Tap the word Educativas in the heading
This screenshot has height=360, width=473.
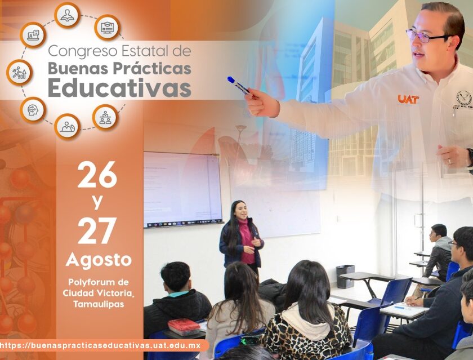pos(119,87)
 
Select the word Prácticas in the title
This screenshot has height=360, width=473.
pos(152,69)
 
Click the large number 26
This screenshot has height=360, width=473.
pos(97,175)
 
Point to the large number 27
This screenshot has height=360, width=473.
pos(97,230)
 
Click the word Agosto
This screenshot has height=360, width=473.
pos(99,260)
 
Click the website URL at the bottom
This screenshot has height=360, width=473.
pos(100,345)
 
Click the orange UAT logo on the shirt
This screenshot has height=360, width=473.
pos(408,99)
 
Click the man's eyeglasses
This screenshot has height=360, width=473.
pos(425,36)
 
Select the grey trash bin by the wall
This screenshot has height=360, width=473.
pos(345,277)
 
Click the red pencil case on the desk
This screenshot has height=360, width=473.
pos(184,327)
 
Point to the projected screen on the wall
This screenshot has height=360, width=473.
pos(183,189)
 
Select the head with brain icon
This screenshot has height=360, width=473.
pos(33,110)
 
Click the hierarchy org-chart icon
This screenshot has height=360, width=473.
pos(105,117)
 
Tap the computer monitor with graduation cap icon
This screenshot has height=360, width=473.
pos(108,28)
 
